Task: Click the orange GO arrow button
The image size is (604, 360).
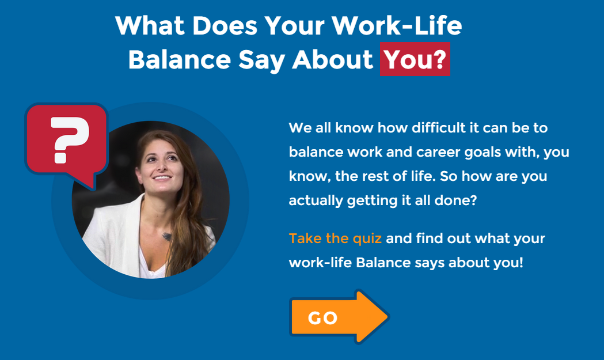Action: coord(339,317)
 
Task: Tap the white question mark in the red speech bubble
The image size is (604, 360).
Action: coord(70,139)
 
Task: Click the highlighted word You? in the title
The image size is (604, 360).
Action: coord(415,59)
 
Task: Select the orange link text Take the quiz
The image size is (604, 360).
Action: coord(335,238)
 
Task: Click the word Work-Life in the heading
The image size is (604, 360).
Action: coord(397,26)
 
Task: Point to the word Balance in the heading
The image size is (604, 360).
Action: coord(180,60)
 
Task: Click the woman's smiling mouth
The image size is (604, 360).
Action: coord(162,177)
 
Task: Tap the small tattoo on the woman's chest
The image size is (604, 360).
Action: coord(166,236)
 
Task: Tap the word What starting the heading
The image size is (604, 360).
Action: coord(150,26)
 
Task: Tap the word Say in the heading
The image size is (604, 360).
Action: coord(261,60)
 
